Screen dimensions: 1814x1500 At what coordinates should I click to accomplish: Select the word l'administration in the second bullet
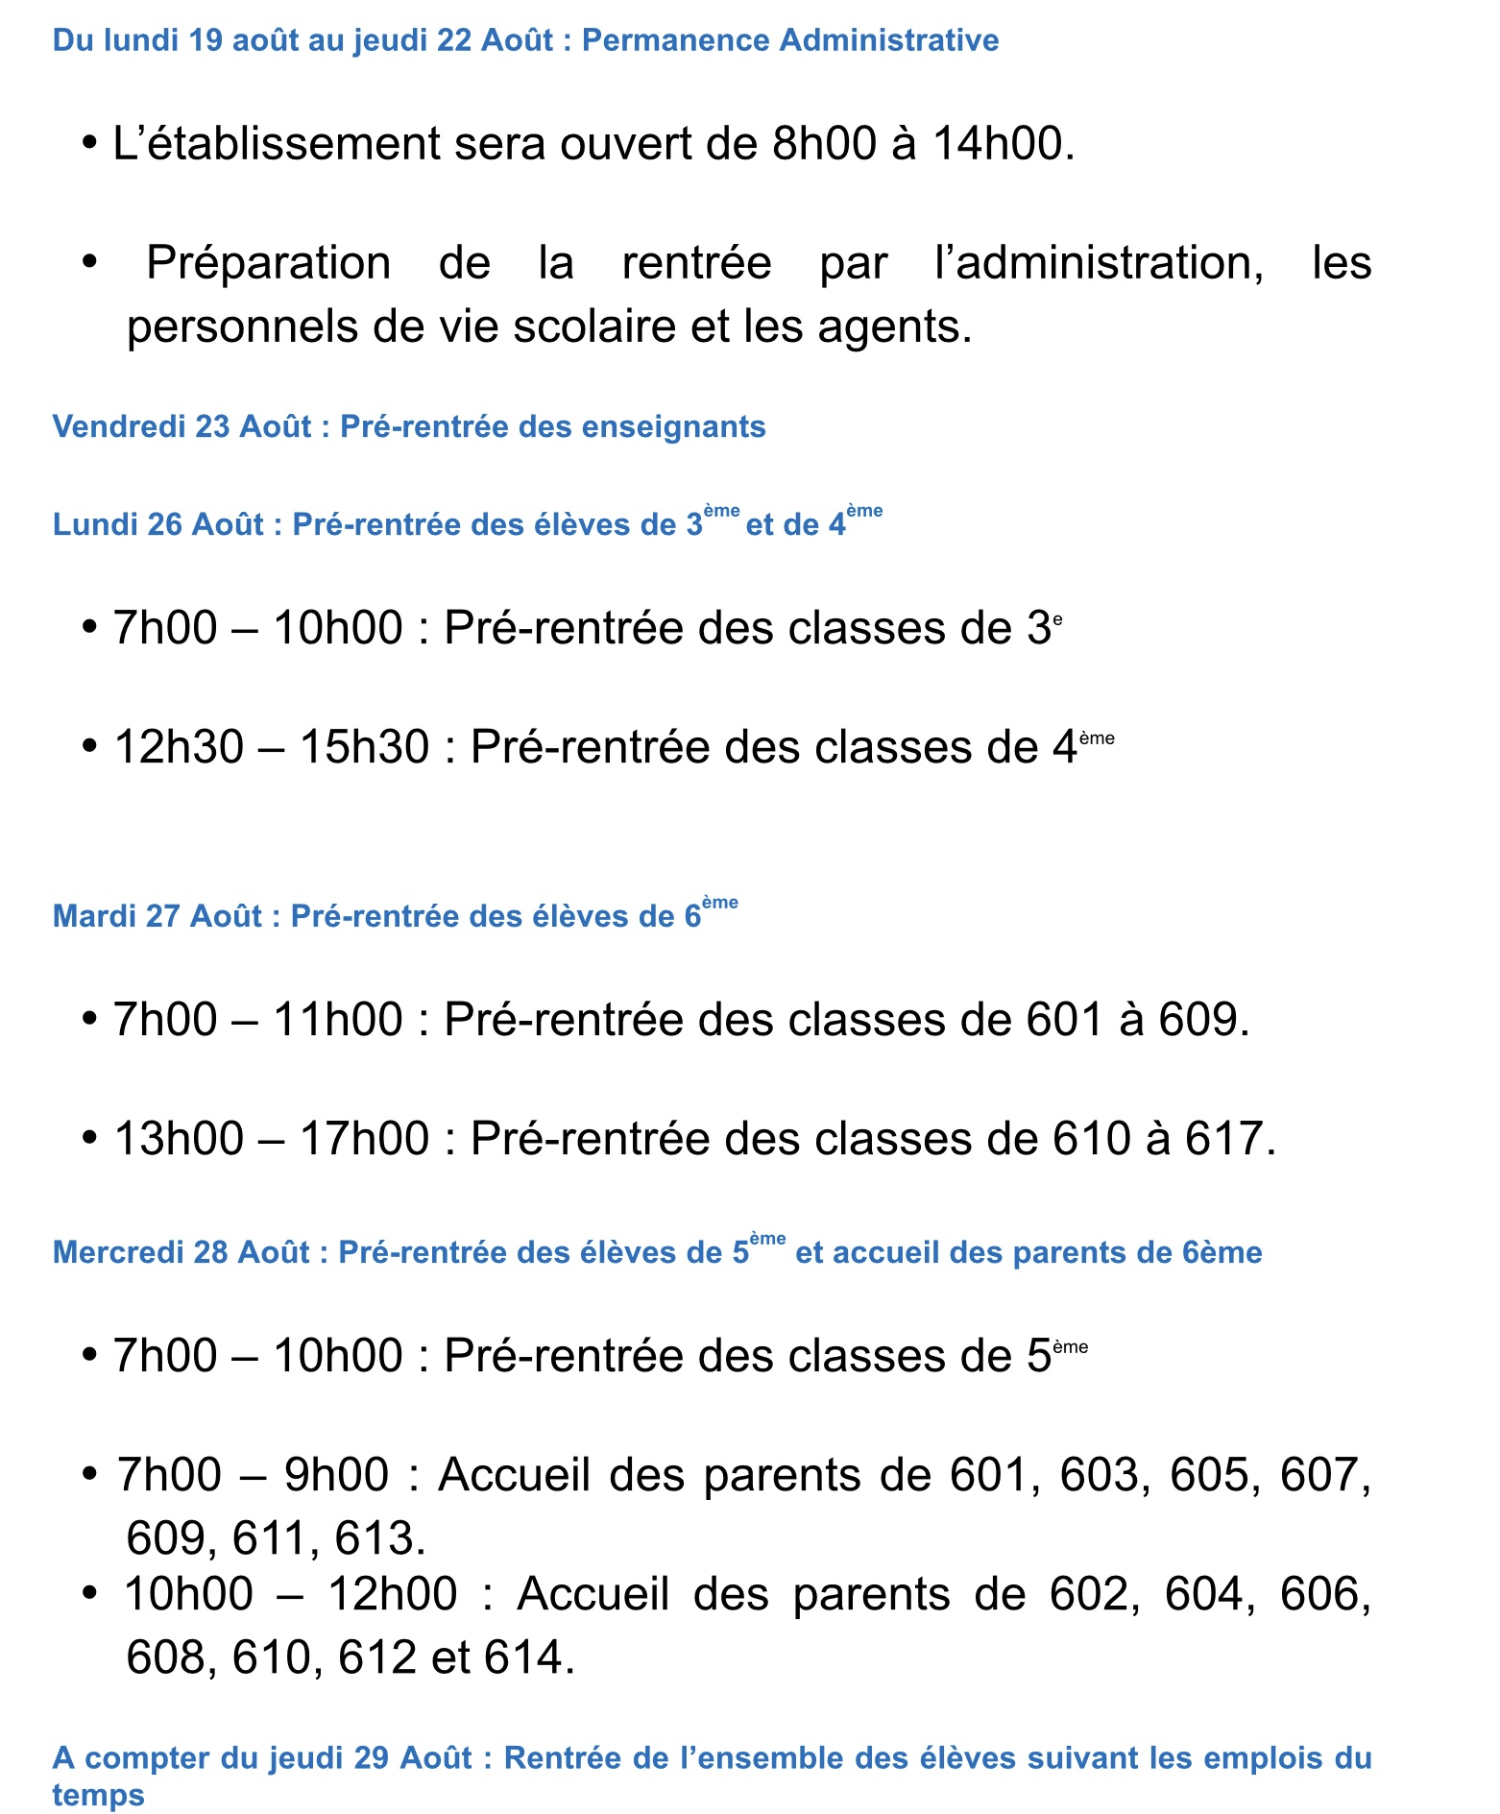point(1099,263)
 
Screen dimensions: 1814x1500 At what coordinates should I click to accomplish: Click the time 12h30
point(179,747)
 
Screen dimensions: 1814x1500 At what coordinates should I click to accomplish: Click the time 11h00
point(338,1020)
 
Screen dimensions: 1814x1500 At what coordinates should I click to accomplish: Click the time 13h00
point(179,1139)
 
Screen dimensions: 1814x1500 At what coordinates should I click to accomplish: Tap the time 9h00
point(336,1475)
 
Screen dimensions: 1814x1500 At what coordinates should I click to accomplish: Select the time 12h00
point(393,1594)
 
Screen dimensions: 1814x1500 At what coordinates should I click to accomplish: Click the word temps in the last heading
point(98,1795)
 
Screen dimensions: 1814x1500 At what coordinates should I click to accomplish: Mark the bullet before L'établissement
point(90,144)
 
